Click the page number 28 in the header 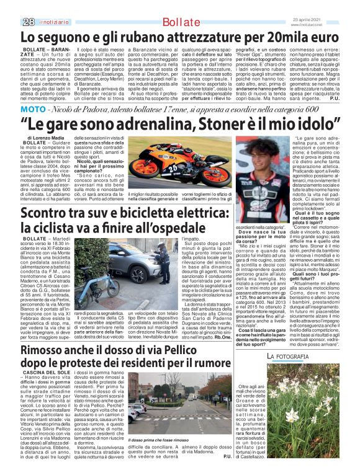coord(11,6)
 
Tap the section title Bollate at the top coord(179,6)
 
